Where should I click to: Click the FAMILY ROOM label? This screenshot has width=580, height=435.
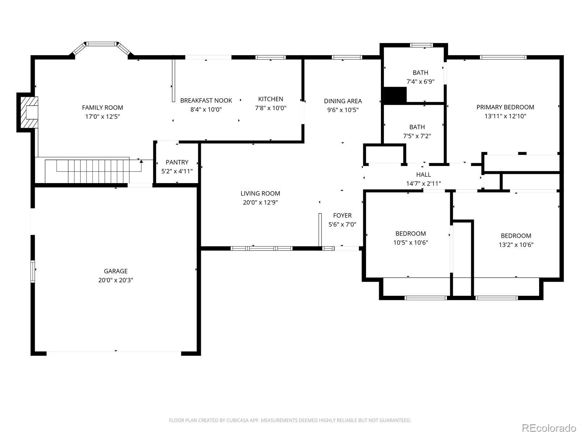coord(103,108)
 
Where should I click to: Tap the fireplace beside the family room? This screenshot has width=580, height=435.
coord(29,112)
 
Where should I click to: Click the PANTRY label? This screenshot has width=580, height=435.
coord(177,162)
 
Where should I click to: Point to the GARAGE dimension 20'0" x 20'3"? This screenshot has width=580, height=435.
coord(116,280)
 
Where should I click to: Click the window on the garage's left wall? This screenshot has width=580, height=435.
coord(33,271)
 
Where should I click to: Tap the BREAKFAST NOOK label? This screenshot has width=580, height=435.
coord(206,100)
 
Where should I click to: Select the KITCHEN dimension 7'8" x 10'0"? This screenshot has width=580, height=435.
coord(270,108)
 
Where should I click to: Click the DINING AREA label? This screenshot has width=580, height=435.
coord(343,101)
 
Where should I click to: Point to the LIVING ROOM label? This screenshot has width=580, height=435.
coord(260,193)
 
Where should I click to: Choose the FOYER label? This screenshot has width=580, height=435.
coord(343,216)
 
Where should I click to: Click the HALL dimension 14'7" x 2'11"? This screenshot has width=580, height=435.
coord(423,183)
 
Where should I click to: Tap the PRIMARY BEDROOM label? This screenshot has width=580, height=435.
coord(505,107)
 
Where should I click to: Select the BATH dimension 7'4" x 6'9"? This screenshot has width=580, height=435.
coord(420,82)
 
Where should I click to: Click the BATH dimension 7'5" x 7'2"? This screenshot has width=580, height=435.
coord(417,136)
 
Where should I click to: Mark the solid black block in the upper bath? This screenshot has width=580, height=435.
coord(395,95)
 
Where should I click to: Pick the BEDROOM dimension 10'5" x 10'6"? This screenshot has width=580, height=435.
coord(411,243)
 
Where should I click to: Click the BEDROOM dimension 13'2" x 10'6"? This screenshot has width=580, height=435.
coord(516,245)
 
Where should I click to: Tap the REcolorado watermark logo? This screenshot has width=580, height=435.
coord(549,427)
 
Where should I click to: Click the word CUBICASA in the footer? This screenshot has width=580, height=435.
coord(237,420)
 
